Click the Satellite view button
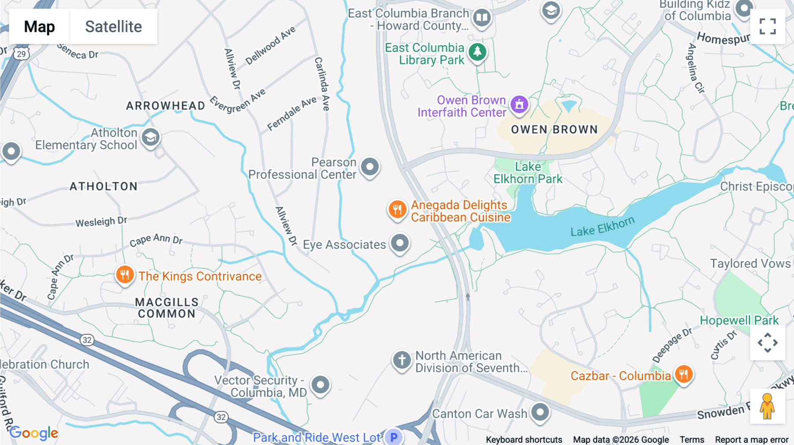[113, 26]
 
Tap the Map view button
[39, 26]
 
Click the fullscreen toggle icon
[768, 26]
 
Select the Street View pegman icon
[768, 406]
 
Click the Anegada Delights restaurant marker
[397, 210]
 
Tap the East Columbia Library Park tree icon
[477, 52]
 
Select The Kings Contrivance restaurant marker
[125, 275]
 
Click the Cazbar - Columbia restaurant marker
[683, 375]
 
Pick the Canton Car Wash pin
[540, 412]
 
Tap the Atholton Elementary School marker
[150, 137]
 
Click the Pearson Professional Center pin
[370, 167]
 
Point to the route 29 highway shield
[21, 54]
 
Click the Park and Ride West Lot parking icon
[393, 437]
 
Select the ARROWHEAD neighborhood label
[165, 106]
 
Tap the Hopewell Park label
[739, 320]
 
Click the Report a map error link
[752, 440]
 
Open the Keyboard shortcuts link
[524, 440]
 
